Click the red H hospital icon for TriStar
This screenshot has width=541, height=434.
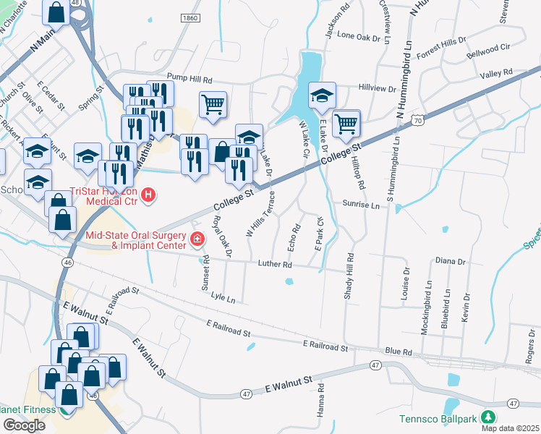pyautogui.click(x=149, y=195)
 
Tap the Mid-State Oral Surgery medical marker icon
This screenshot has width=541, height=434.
pyautogui.click(x=196, y=239)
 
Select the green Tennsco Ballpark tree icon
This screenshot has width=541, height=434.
pyautogui.click(x=489, y=418)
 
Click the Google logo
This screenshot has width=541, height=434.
pyautogui.click(x=24, y=425)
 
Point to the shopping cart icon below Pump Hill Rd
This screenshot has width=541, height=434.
pyautogui.click(x=213, y=104)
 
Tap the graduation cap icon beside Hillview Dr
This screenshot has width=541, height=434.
pyautogui.click(x=322, y=95)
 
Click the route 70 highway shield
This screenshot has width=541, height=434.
pyautogui.click(x=418, y=122)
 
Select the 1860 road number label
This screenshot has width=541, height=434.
pyautogui.click(x=189, y=18)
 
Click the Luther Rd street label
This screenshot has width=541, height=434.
pyautogui.click(x=274, y=264)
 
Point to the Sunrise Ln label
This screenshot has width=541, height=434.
pyautogui.click(x=361, y=205)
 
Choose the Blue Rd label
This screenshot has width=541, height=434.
pyautogui.click(x=399, y=352)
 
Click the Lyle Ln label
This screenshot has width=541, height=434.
pyautogui.click(x=223, y=298)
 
